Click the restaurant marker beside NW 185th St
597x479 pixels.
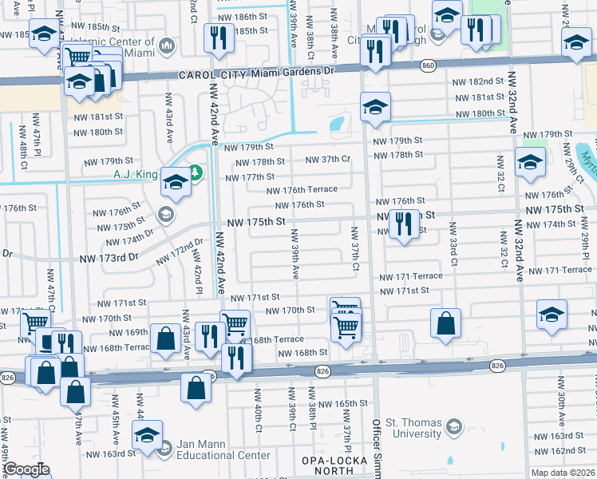point(217,37)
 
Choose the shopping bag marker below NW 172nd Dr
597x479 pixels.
point(164,337)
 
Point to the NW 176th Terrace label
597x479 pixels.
point(302,190)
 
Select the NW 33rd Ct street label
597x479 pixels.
point(453,244)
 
